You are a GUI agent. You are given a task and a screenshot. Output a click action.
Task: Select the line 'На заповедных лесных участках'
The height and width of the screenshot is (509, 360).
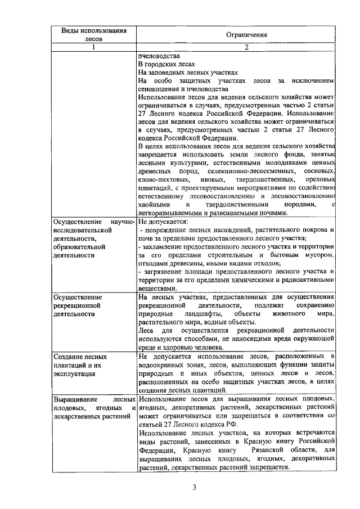click(188, 73)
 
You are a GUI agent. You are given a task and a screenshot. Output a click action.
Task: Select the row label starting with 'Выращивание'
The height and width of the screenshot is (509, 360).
click(93, 407)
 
